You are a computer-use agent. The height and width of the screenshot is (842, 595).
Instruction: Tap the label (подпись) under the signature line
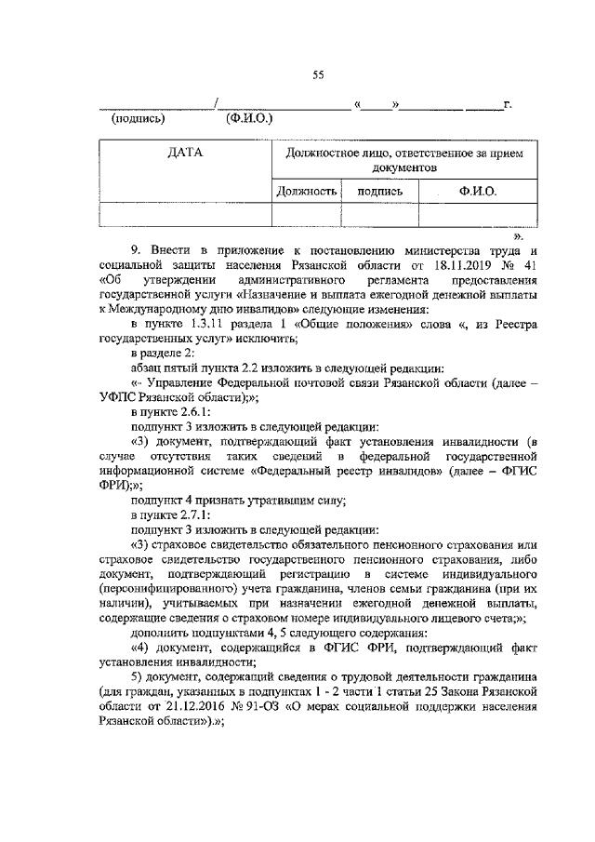pyautogui.click(x=138, y=119)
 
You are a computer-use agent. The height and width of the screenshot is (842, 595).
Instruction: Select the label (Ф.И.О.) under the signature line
pyautogui.click(x=248, y=119)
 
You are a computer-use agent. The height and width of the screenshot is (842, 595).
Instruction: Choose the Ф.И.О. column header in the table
pyautogui.click(x=478, y=191)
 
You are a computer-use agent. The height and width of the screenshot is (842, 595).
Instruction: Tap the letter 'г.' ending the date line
pyautogui.click(x=507, y=104)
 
